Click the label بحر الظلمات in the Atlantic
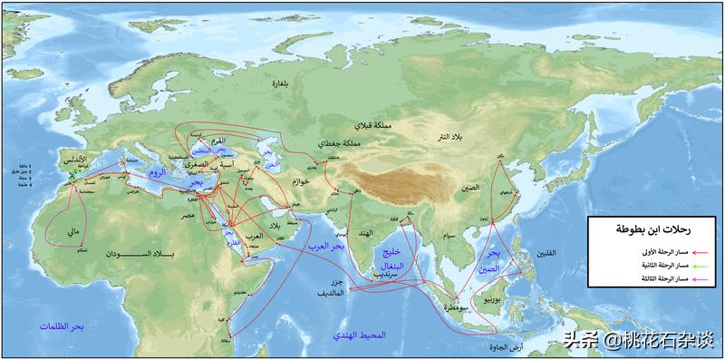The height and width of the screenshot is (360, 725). tap(60, 325)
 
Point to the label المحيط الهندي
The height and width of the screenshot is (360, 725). tap(358, 335)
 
